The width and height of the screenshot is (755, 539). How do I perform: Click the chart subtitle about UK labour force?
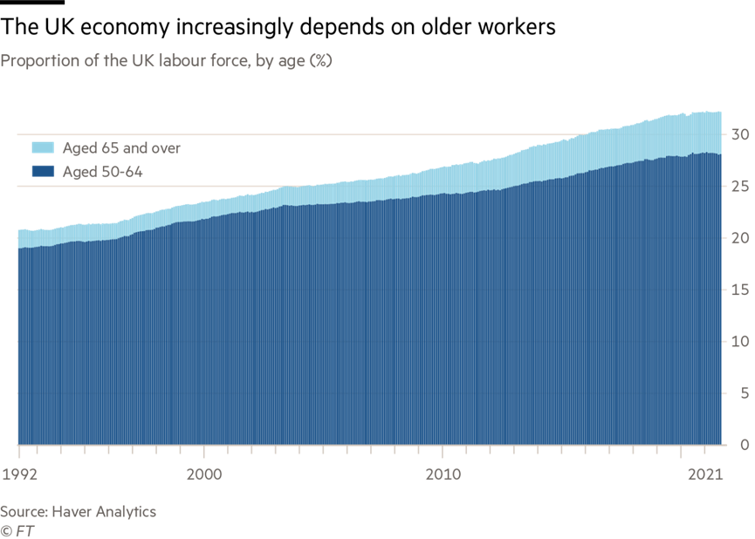tap(166, 61)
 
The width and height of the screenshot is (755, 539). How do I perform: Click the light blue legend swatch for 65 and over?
tap(44, 147)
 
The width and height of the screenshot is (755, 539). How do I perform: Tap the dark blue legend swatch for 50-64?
tap(44, 172)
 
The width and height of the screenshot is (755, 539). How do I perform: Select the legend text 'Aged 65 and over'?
tap(121, 147)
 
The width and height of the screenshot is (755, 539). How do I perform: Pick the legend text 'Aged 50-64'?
tap(102, 172)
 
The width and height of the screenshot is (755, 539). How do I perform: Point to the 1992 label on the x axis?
tap(18, 476)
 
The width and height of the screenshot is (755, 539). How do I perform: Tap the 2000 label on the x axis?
tap(203, 476)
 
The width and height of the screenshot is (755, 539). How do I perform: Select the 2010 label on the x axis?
tap(443, 476)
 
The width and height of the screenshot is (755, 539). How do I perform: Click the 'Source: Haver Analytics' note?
tap(79, 511)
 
